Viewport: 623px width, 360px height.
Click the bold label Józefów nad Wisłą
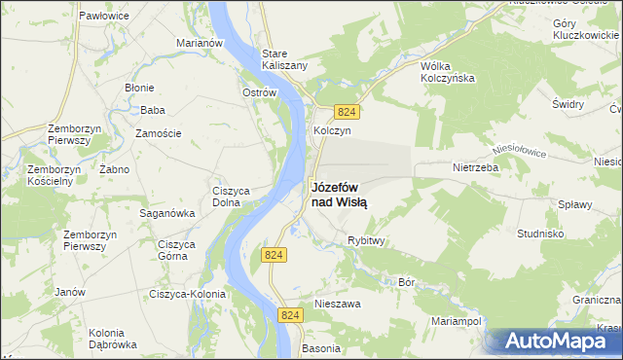tap(339, 195)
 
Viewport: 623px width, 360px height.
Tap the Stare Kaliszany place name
tap(284, 58)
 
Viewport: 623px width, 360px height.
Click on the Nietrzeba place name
tap(475, 166)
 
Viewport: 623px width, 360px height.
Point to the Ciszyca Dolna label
tap(234, 197)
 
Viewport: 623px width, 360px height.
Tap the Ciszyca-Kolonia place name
tap(187, 293)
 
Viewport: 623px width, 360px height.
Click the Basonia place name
tap(321, 347)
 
